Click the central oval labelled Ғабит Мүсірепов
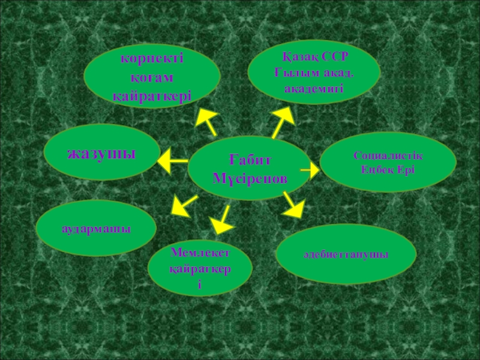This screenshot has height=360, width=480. point(250,169)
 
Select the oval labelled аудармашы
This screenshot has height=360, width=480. point(96,228)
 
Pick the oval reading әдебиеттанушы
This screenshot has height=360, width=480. point(346,254)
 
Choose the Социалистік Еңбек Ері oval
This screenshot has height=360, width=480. point(388,162)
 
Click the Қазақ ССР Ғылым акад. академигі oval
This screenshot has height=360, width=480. point(314,72)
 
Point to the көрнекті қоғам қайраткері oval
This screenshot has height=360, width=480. point(152,77)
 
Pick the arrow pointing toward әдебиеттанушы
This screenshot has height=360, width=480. point(292,204)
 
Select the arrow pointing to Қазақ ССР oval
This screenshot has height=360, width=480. point(281,122)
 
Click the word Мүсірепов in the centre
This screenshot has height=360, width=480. point(250,178)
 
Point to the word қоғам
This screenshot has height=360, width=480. point(152,77)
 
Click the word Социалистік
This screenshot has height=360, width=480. point(388,155)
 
